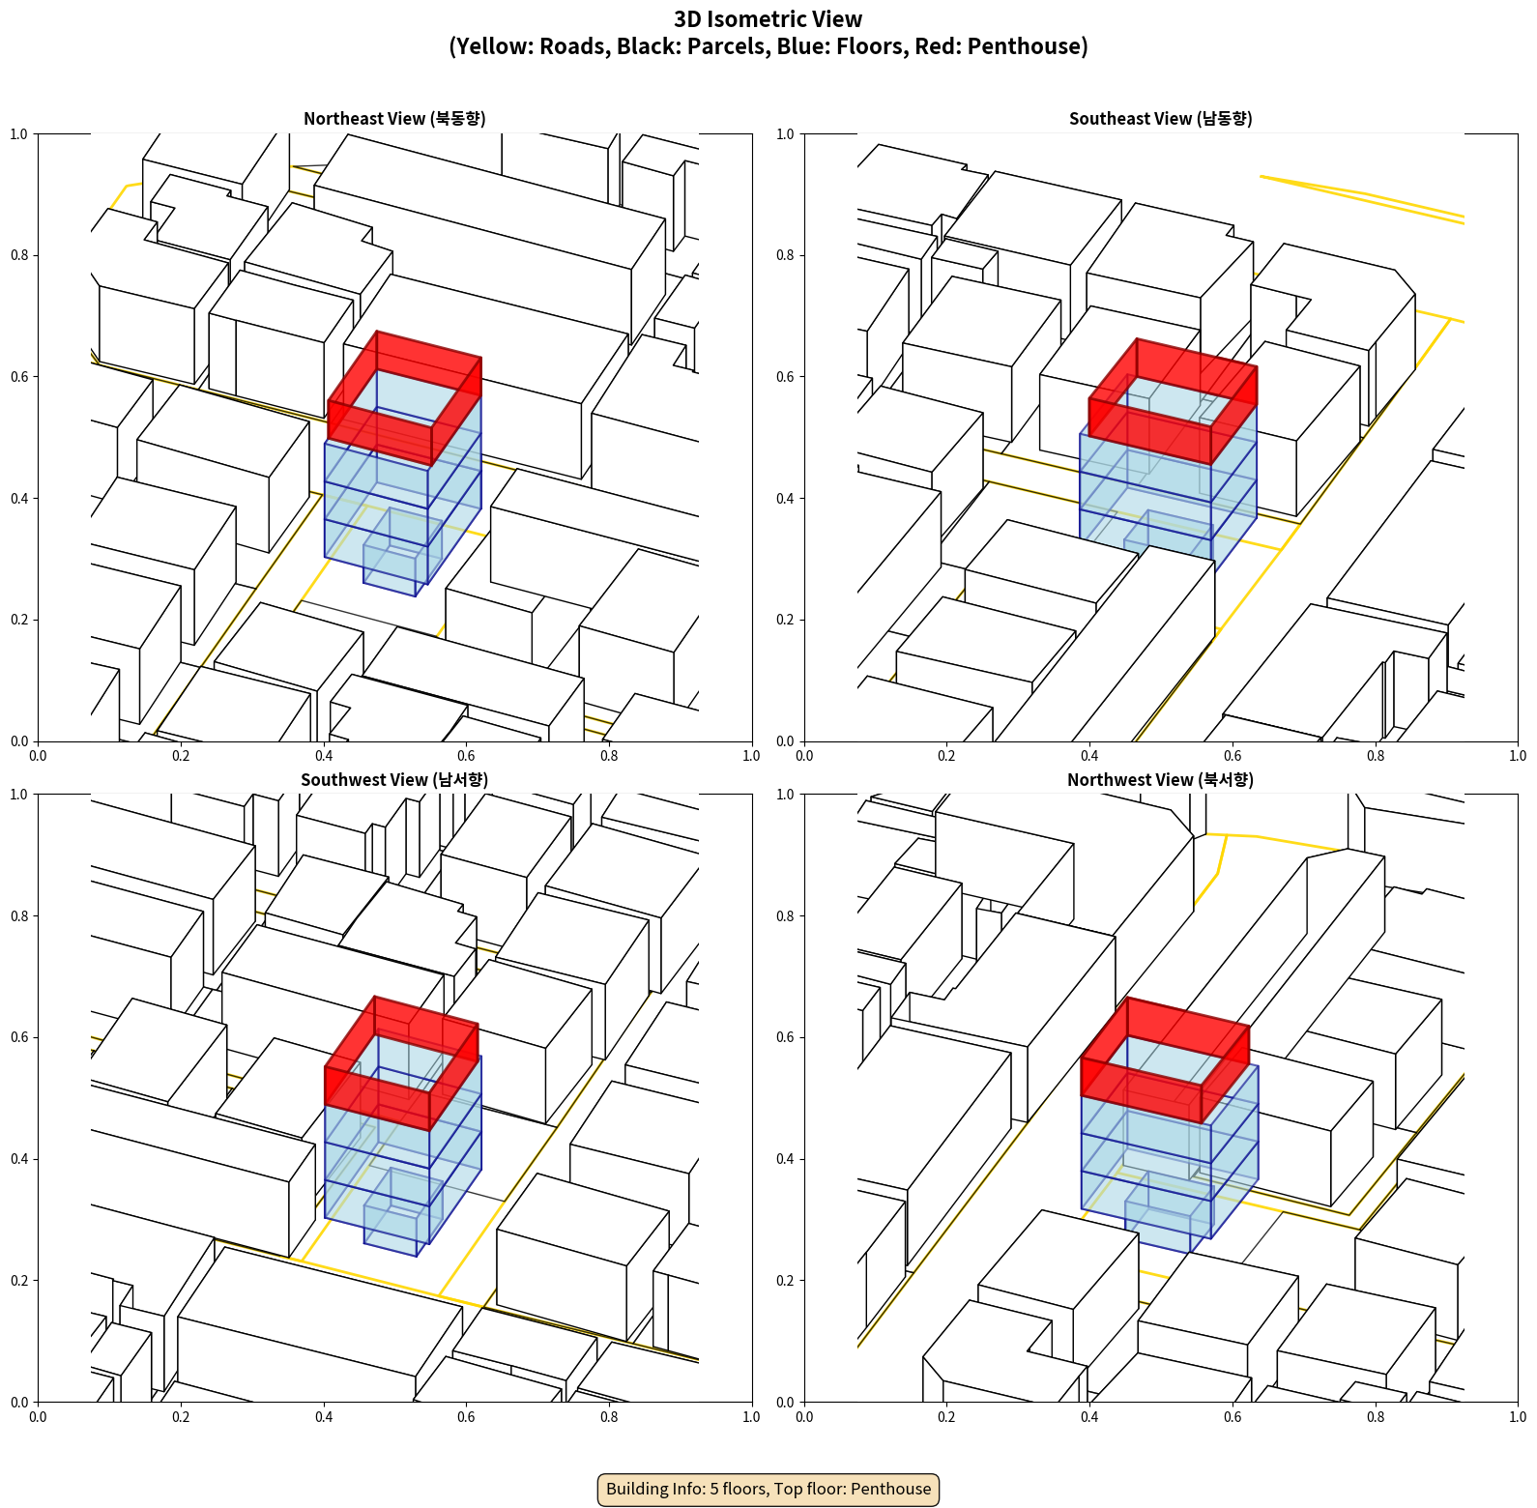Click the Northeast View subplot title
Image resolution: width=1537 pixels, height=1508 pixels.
click(394, 119)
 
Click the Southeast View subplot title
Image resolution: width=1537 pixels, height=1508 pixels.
click(1160, 119)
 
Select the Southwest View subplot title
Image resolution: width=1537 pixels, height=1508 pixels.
click(394, 780)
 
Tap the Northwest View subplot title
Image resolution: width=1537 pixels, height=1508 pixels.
click(1160, 780)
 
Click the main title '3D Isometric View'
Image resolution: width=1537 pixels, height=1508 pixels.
click(768, 19)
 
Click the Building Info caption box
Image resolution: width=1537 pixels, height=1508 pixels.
click(768, 1489)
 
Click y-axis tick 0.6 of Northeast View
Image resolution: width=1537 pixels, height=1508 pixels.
click(19, 377)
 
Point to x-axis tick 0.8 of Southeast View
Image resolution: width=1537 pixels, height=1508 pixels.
click(1376, 756)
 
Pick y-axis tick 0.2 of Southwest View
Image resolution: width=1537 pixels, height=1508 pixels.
click(19, 1281)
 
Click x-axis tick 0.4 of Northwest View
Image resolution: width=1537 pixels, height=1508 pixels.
click(1089, 1417)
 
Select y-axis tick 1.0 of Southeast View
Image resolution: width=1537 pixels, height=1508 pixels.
click(786, 134)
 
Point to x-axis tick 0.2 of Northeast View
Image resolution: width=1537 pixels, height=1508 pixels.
click(181, 756)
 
